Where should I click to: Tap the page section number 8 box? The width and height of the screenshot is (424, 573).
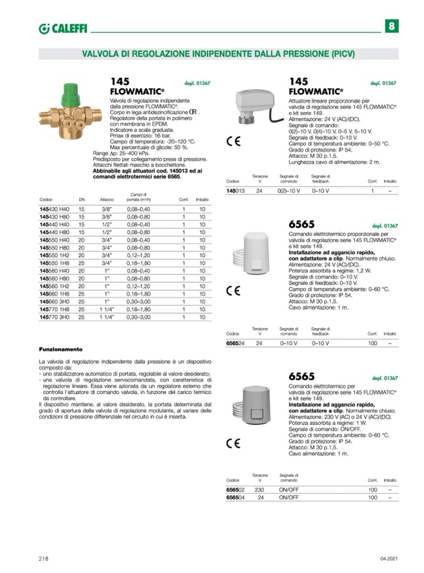click(391, 26)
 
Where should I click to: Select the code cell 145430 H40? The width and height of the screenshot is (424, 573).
click(54, 209)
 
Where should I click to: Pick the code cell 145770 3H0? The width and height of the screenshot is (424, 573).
click(54, 317)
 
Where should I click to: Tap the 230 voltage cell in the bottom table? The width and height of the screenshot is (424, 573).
click(259, 489)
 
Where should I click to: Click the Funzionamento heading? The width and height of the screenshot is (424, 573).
click(60, 349)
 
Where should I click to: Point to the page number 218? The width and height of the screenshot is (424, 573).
click(44, 559)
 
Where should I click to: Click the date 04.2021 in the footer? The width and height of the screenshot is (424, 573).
click(388, 559)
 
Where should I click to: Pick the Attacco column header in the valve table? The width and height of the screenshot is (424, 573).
click(107, 199)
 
